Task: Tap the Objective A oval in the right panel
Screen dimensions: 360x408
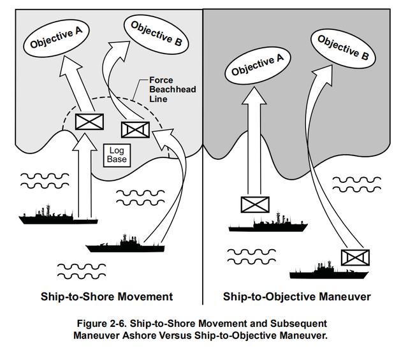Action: (x=258, y=64)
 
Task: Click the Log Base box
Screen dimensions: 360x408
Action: (x=117, y=154)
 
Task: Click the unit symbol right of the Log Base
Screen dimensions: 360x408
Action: (x=135, y=130)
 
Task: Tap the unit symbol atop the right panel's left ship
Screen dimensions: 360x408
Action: (x=256, y=205)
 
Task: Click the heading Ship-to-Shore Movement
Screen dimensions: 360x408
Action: (x=106, y=296)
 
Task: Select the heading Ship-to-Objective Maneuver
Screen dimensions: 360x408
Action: (x=296, y=296)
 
